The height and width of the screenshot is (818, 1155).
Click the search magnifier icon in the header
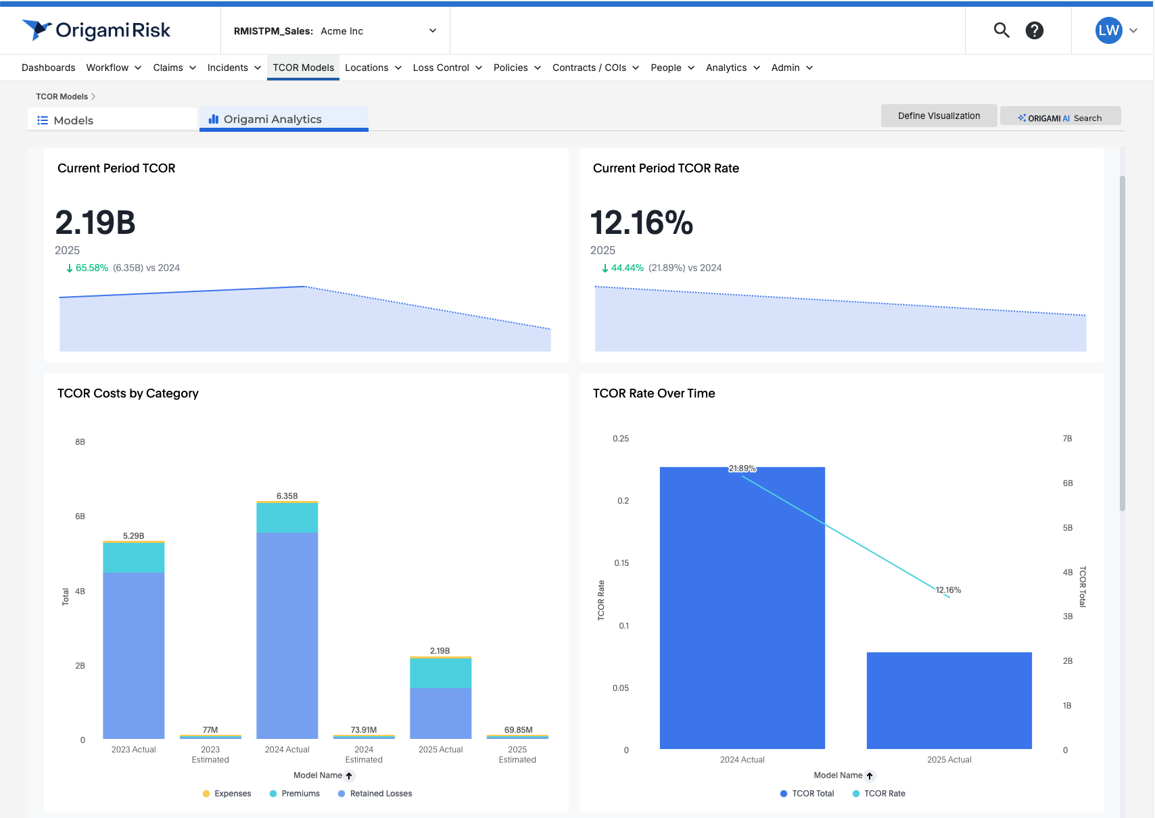pyautogui.click(x=1001, y=30)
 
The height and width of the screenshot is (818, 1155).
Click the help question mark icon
pyautogui.click(x=1035, y=30)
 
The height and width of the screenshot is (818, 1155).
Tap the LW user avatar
pyautogui.click(x=1108, y=30)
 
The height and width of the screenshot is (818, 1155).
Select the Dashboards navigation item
pyautogui.click(x=49, y=68)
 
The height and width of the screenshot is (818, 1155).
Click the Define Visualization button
pyautogui.click(x=939, y=116)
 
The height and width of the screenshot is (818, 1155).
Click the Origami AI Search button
pyautogui.click(x=1060, y=118)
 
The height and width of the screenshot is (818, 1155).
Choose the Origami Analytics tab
pyautogui.click(x=273, y=119)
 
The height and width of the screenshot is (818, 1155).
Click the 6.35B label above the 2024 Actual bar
pyautogui.click(x=287, y=496)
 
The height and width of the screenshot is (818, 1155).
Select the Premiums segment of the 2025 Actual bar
pyautogui.click(x=440, y=673)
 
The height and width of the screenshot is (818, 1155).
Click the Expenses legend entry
pyautogui.click(x=227, y=794)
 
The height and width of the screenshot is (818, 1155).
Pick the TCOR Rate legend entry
pyautogui.click(x=879, y=794)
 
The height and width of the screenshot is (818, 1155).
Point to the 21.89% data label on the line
pyautogui.click(x=742, y=468)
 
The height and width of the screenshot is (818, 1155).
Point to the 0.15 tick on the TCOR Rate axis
pyautogui.click(x=621, y=563)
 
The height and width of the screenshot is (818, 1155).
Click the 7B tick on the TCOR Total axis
pyautogui.click(x=1067, y=439)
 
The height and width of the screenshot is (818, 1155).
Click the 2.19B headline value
pyautogui.click(x=95, y=222)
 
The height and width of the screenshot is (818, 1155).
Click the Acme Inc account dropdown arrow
pyautogui.click(x=433, y=30)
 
